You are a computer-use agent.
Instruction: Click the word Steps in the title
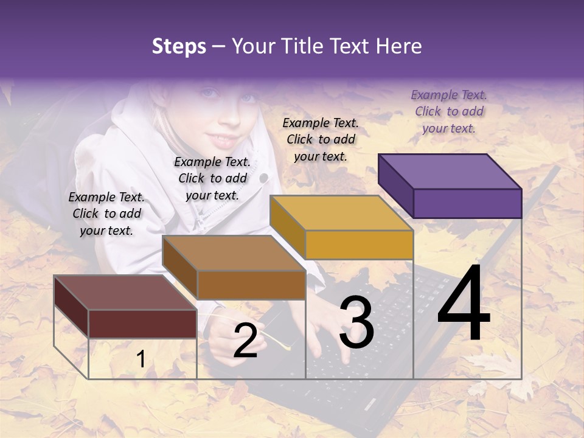(x=179, y=46)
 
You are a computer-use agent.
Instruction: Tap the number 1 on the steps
(x=141, y=359)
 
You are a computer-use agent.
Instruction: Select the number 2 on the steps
(x=245, y=341)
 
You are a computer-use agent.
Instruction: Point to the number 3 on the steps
(x=356, y=322)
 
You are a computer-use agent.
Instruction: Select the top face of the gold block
(x=341, y=213)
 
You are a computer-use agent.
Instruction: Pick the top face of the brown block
(x=234, y=253)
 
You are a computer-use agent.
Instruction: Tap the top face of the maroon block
(x=125, y=293)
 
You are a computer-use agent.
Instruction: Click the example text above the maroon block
(x=106, y=214)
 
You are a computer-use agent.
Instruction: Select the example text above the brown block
(x=212, y=178)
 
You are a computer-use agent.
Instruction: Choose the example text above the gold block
(x=321, y=139)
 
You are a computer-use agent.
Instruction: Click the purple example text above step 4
(x=449, y=111)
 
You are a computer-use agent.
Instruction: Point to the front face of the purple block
(x=467, y=203)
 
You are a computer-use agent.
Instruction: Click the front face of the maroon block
(x=142, y=324)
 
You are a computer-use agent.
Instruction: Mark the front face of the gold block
(x=359, y=245)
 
